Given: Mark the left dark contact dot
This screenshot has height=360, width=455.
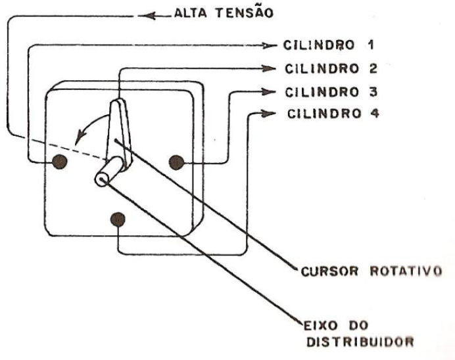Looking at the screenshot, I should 60,162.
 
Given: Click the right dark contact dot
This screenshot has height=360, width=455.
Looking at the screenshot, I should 177,162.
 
